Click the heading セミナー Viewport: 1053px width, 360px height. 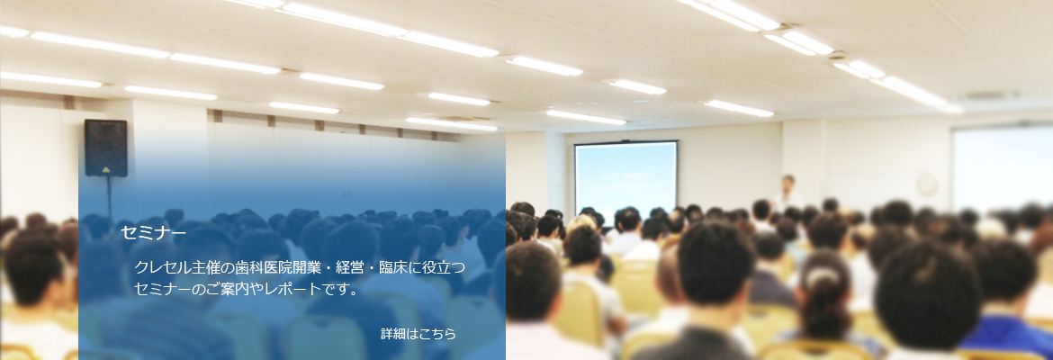[153, 233]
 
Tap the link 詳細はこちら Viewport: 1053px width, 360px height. [418, 334]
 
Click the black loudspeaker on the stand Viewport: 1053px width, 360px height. [106, 148]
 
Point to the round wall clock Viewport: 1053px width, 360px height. [926, 184]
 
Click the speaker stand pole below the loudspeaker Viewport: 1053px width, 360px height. [109, 198]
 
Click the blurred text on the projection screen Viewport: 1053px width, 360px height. [625, 182]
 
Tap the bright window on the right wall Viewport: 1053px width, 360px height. [1002, 168]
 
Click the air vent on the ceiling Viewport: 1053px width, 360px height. [987, 95]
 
